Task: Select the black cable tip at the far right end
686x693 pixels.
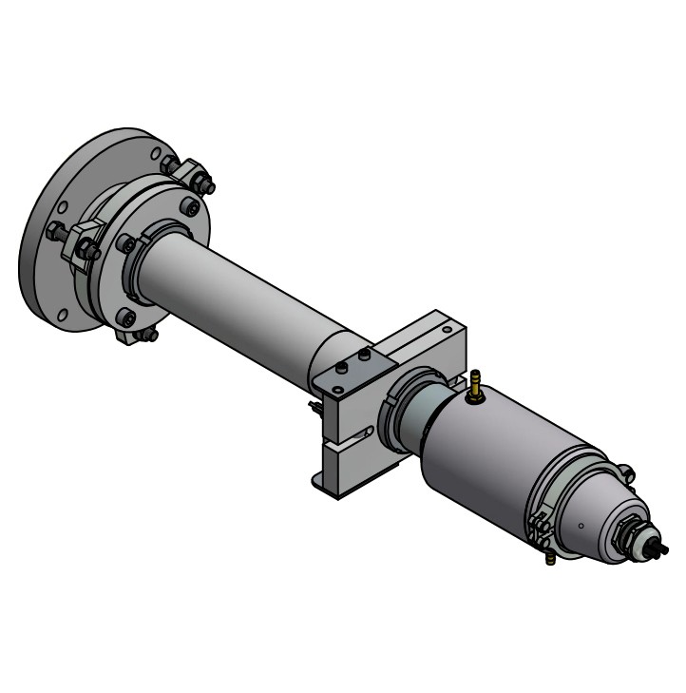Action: click(x=662, y=549)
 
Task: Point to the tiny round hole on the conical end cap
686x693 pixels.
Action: click(x=581, y=525)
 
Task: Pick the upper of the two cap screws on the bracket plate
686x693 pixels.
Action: click(x=365, y=356)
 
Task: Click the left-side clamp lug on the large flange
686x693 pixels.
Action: click(x=85, y=241)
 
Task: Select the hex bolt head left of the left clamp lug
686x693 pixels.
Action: click(x=56, y=230)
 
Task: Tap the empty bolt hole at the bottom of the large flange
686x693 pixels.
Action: click(x=63, y=315)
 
